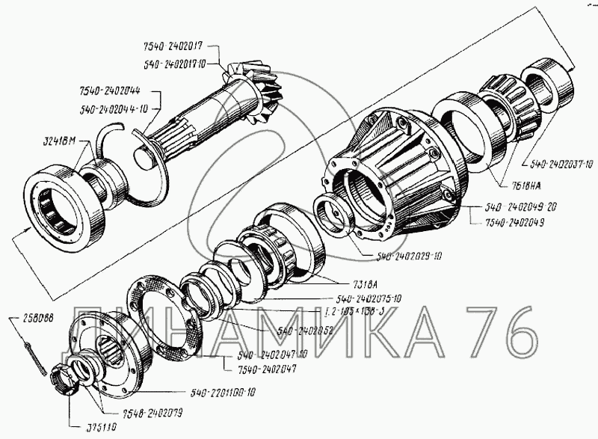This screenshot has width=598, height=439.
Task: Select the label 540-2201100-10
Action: (x=224, y=392)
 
